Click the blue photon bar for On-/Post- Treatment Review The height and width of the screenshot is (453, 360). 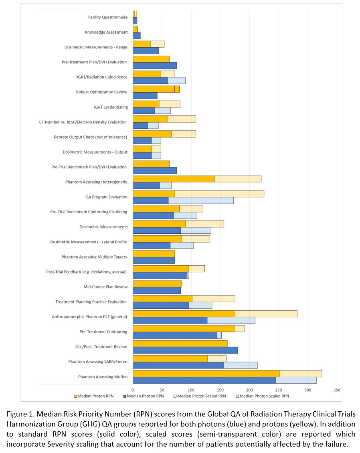click(185, 350)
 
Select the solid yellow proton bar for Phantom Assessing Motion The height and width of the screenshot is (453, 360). click(206, 374)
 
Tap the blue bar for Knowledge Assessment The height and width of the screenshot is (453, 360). click(137, 36)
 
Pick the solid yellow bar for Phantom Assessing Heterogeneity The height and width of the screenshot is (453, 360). click(174, 179)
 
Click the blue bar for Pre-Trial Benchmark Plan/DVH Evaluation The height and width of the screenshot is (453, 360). click(155, 170)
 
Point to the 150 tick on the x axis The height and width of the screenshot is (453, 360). click(220, 390)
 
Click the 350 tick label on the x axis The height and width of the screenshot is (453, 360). click(337, 390)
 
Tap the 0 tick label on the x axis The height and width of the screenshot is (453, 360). click(133, 390)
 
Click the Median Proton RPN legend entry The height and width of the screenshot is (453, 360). click(94, 396)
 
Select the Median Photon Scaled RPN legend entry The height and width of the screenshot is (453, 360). click(263, 396)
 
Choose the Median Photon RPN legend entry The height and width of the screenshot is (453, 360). click(144, 396)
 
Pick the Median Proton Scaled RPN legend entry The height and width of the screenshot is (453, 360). click(200, 396)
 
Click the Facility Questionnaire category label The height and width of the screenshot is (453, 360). click(108, 17)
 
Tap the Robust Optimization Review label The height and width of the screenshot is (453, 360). click(101, 92)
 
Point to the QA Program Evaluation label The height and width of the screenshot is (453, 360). click(106, 197)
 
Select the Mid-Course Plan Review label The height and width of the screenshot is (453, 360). click(105, 287)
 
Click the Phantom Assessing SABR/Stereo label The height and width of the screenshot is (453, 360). click(98, 362)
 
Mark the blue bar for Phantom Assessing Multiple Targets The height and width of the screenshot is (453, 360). click(154, 260)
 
